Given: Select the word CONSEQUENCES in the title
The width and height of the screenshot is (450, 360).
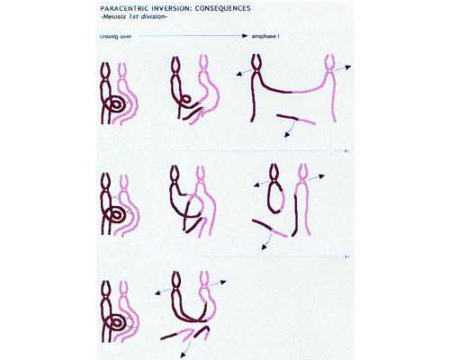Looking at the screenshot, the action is pos(223,8).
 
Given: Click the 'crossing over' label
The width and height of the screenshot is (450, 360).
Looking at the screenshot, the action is pos(115,36).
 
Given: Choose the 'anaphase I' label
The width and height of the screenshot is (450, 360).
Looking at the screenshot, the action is pos(265,36).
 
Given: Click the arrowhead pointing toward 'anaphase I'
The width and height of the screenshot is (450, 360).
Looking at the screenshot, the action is pos(245,36).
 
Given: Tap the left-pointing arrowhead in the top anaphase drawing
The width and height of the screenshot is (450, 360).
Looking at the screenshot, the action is pos(239,74).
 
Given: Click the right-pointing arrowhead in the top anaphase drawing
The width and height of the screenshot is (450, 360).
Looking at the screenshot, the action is pos(347,67).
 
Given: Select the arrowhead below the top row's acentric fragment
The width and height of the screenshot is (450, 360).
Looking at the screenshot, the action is pos(287,135).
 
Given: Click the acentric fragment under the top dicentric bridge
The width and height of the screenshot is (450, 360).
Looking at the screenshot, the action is pos(296,119).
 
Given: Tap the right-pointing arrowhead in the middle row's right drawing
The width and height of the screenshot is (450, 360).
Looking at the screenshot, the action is pos(321,176).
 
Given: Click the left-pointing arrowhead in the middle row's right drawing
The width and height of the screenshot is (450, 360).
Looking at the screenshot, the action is pos(257,185).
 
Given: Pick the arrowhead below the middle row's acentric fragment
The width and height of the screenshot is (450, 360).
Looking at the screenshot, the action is pos(264,247).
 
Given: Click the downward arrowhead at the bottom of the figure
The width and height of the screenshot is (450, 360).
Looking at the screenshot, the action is pos(182,355).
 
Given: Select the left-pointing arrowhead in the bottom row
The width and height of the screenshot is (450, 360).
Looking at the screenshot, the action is pos(158,292).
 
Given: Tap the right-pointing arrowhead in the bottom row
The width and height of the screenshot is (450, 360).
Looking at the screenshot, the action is pos(223,282).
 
